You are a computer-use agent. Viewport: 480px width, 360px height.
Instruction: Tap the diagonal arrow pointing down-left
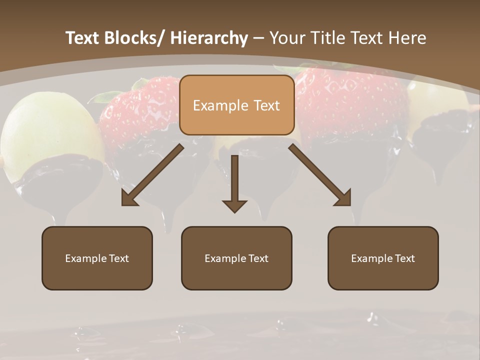coord(152,176)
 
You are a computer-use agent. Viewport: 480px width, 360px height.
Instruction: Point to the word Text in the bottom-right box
coord(404,258)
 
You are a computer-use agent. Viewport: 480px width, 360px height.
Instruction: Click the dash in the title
coord(258,38)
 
